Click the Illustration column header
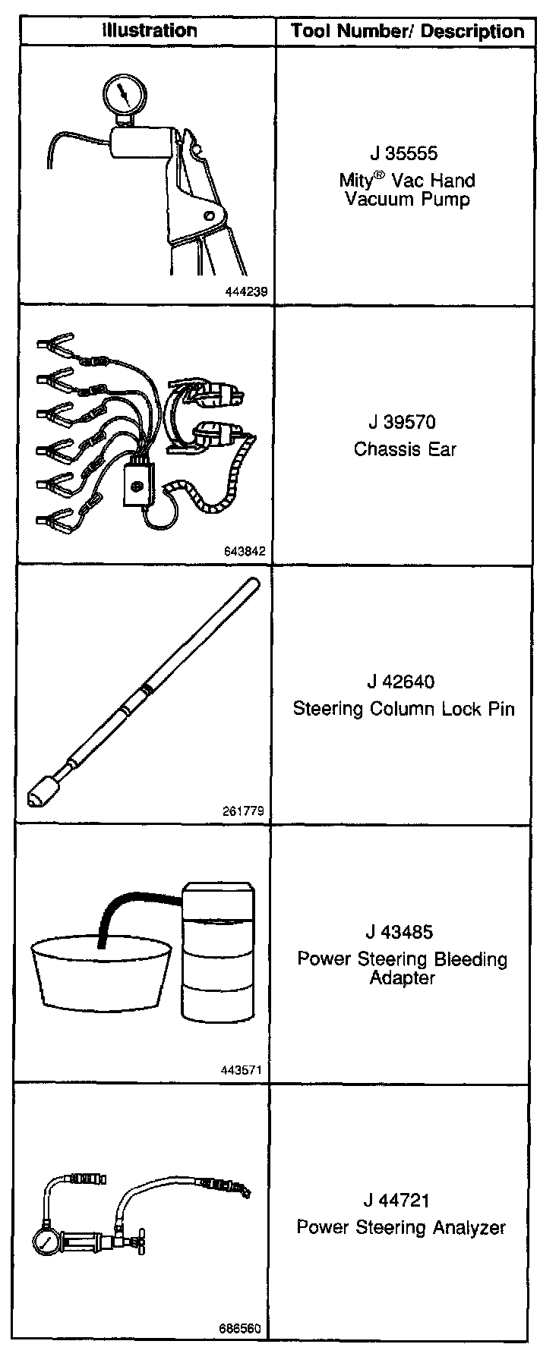point(150,30)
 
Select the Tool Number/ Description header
point(407,31)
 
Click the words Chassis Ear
point(405,449)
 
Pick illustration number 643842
point(245,552)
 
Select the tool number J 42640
point(403,681)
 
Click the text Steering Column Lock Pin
point(403,709)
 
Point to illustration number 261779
point(244,811)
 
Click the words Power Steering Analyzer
point(400,1227)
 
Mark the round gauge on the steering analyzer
point(46,1245)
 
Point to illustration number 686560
point(240,1329)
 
